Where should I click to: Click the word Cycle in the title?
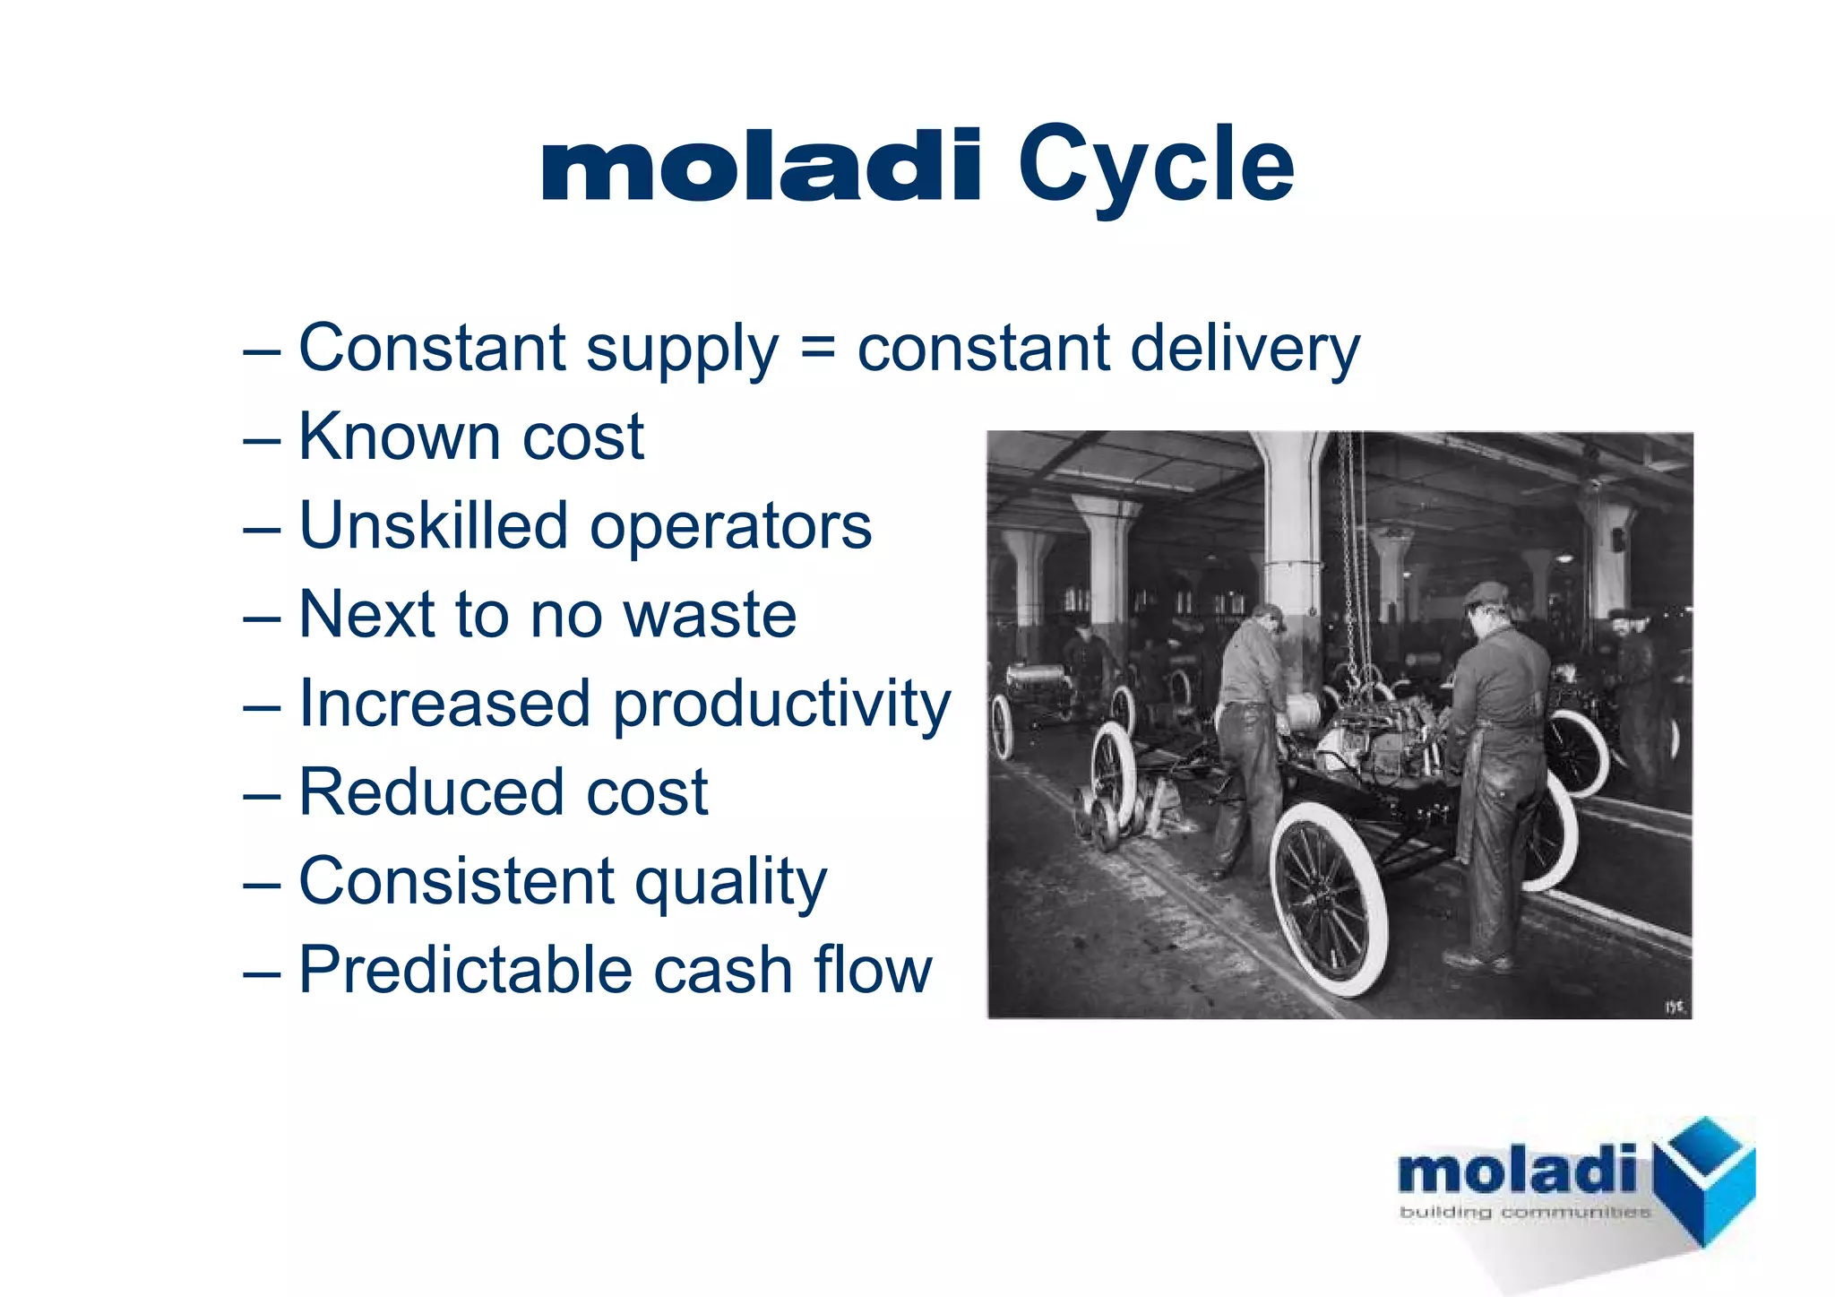pos(1156,166)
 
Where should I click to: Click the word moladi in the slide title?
pos(762,166)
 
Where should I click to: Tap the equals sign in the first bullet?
pos(817,348)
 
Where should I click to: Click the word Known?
pos(399,437)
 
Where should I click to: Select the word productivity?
pos(781,705)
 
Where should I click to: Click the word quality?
pos(730,883)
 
